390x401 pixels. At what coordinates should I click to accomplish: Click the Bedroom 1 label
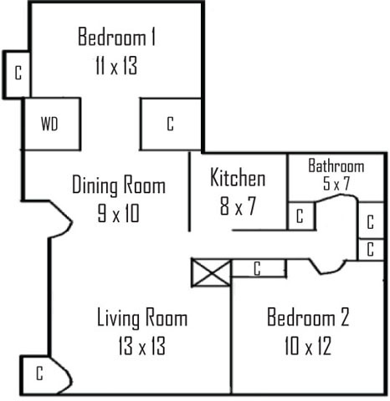point(116,37)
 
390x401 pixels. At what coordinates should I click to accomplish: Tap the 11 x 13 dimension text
point(116,65)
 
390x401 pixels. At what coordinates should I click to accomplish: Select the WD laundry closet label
point(49,124)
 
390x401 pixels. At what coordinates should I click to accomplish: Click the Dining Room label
point(119,185)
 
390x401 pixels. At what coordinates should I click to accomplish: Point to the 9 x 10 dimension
point(118,213)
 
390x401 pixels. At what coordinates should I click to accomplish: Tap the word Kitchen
point(238,177)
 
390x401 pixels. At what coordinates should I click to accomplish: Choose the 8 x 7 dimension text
point(238,206)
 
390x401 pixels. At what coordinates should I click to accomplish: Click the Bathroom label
point(336,165)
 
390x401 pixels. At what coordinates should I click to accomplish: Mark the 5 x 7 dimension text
point(336,183)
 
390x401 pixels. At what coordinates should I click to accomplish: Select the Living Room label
point(142,317)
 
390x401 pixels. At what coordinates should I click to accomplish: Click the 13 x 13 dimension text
point(142,346)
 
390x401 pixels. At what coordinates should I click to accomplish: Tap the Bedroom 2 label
point(308,317)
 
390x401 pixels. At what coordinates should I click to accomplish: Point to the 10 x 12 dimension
point(308,346)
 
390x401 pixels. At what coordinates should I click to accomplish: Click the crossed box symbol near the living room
point(211,272)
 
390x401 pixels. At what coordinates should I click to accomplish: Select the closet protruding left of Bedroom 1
point(17,74)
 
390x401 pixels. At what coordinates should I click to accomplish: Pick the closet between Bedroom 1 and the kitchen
point(170,124)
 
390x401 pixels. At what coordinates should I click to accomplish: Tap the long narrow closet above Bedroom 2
point(259,268)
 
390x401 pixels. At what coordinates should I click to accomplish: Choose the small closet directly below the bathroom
point(301,216)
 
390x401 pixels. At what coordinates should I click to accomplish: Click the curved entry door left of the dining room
point(61,220)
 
